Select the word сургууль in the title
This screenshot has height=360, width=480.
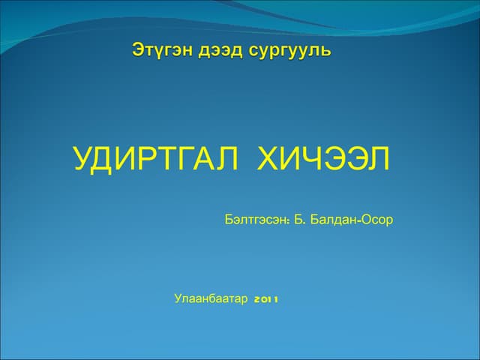(x=289, y=52)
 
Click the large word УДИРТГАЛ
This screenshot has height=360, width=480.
(x=156, y=160)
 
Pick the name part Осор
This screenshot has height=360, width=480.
(x=378, y=220)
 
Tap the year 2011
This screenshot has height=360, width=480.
(x=266, y=299)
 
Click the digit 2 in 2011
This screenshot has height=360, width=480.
(x=257, y=299)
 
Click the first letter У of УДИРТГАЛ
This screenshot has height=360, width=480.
(x=82, y=160)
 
